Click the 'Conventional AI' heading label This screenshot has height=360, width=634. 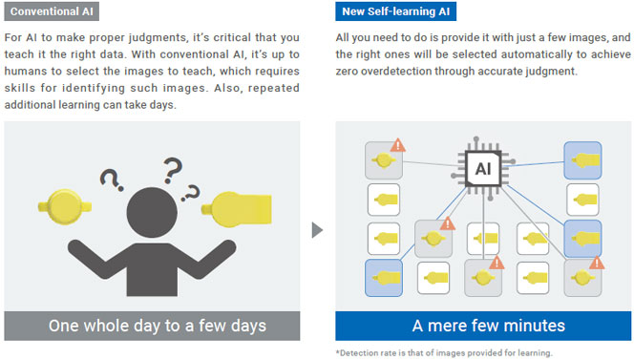tap(52, 11)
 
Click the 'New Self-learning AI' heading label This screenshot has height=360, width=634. tap(395, 11)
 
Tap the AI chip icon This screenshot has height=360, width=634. tap(483, 168)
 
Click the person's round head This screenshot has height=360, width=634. tap(152, 212)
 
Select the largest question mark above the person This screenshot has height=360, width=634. tap(173, 171)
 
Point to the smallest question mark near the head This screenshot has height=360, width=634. tap(190, 193)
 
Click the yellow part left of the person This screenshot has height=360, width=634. tap(65, 206)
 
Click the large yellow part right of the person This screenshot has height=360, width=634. tap(237, 209)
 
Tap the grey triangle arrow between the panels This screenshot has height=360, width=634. tap(317, 230)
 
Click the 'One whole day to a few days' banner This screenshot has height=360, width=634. tap(152, 326)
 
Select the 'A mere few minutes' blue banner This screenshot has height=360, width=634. tap(483, 326)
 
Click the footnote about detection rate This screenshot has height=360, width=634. tap(444, 352)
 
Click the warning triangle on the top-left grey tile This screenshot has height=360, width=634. tap(398, 145)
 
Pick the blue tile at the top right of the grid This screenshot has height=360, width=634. tap(582, 160)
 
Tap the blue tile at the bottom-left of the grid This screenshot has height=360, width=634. tap(384, 278)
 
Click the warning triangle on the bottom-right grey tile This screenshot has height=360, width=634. tap(597, 263)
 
